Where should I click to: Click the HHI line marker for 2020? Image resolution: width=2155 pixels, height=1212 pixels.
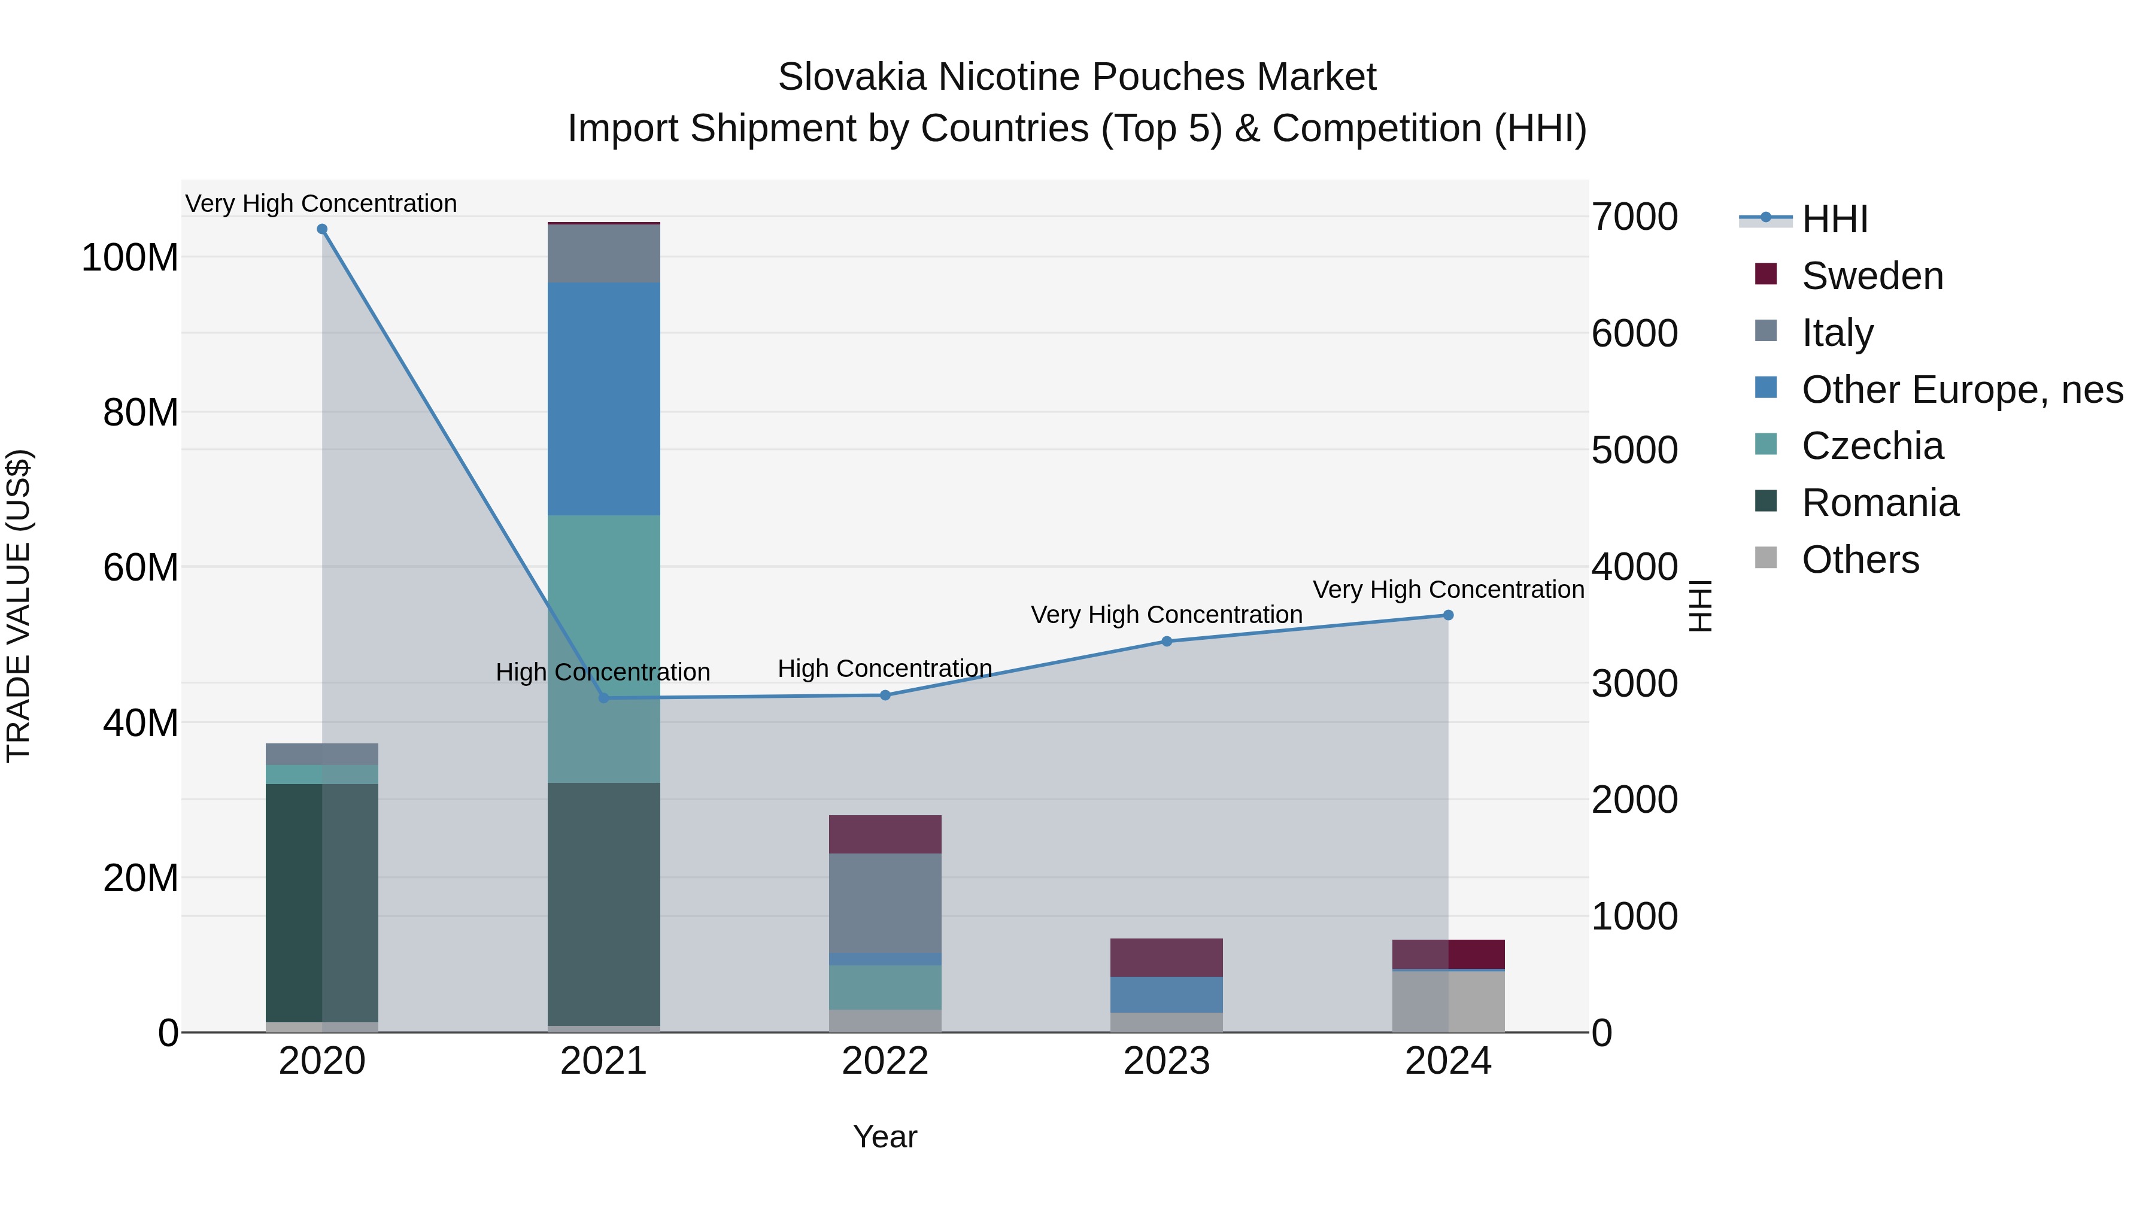[x=322, y=229]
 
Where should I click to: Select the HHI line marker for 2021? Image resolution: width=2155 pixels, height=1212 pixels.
[x=604, y=698]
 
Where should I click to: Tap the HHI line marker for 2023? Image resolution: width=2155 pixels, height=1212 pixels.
[x=1167, y=642]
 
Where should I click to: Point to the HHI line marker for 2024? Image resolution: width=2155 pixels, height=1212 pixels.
[x=1448, y=616]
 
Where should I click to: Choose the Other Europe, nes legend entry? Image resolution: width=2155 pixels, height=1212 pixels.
[x=1962, y=390]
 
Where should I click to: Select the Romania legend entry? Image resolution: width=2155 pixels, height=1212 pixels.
[x=1880, y=503]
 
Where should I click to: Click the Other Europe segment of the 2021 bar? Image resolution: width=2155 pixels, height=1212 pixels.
[x=604, y=399]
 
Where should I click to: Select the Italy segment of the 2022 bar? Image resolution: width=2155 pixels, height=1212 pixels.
[x=885, y=903]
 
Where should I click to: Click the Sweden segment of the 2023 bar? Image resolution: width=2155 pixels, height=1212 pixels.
[x=1167, y=957]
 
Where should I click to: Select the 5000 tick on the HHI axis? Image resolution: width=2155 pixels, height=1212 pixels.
[x=1634, y=450]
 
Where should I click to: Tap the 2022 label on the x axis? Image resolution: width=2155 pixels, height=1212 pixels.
[x=885, y=1061]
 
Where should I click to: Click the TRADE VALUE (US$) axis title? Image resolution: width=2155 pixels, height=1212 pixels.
[x=19, y=606]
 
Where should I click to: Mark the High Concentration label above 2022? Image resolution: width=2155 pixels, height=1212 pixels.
[x=885, y=669]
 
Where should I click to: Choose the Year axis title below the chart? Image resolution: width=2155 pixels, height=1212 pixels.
[x=885, y=1137]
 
